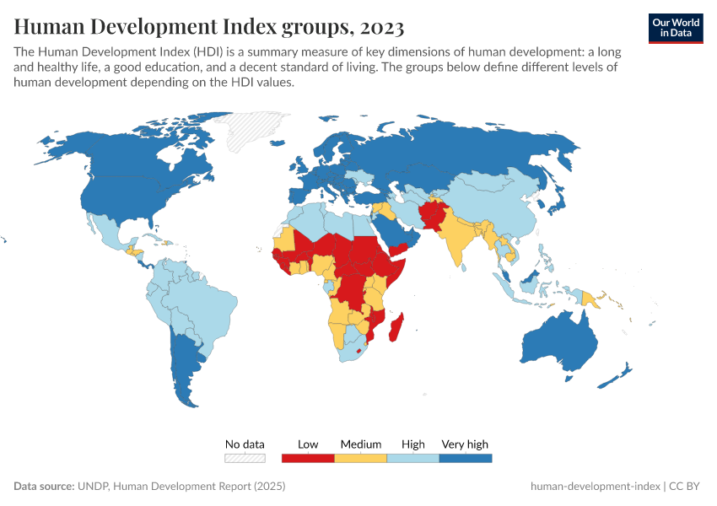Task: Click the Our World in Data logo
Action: (x=676, y=27)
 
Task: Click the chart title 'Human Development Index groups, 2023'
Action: (x=208, y=27)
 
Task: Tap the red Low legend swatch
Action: (x=307, y=458)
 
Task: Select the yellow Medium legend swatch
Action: (x=360, y=458)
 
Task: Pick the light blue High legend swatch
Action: (x=412, y=458)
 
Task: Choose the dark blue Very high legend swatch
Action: (x=465, y=458)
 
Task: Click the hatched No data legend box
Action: (x=245, y=458)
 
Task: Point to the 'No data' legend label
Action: (x=245, y=444)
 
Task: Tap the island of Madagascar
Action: (x=395, y=327)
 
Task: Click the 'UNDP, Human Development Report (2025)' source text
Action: (x=181, y=487)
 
